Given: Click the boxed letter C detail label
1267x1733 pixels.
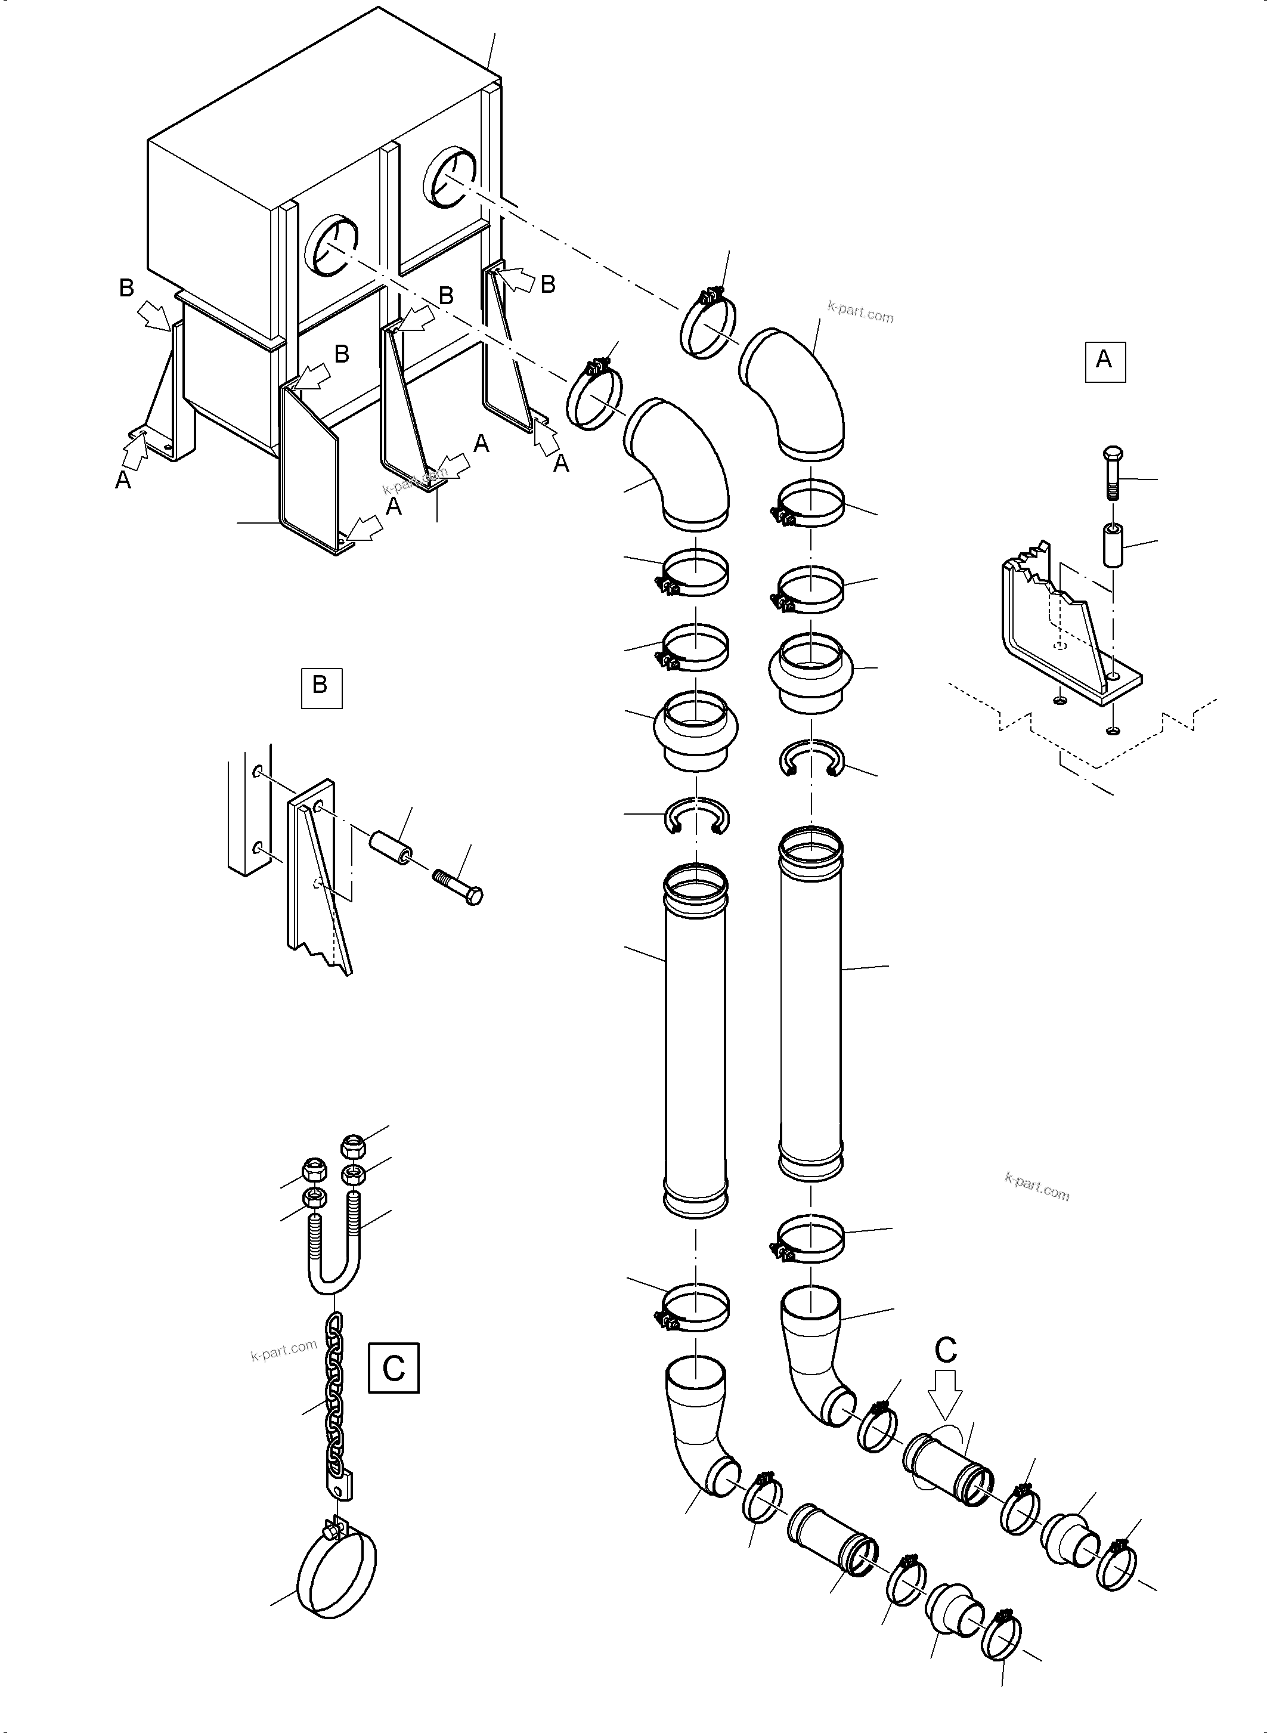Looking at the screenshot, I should pyautogui.click(x=394, y=1367).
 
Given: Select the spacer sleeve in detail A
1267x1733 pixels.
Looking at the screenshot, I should pyautogui.click(x=1113, y=544).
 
